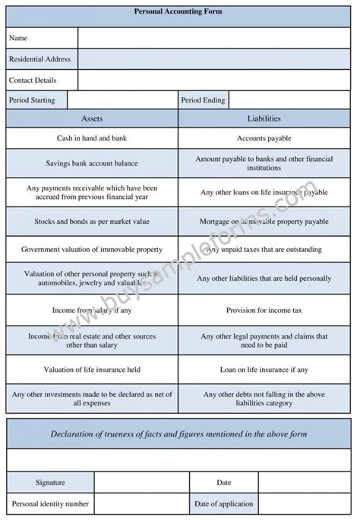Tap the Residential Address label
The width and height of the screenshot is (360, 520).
pos(39,58)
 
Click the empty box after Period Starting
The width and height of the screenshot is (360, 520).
pos(122,100)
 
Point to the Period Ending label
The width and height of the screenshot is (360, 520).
pos(203,100)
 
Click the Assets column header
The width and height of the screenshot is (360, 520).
pos(92,119)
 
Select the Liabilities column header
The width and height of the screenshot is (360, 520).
pos(264,119)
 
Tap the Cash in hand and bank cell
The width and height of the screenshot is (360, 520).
pos(92,138)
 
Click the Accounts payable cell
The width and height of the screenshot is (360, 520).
pos(264,138)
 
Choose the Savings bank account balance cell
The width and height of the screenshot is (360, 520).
pos(92,163)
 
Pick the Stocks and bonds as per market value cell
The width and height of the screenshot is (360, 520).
pos(92,221)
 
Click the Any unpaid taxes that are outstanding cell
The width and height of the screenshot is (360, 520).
pos(264,249)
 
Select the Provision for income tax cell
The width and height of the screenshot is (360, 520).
pos(264,310)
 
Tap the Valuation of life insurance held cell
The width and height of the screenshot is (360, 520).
pos(92,370)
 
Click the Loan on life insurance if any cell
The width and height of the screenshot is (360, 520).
pos(264,370)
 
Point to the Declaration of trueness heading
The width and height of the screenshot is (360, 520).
pos(179,433)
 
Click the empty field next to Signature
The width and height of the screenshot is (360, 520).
pos(141,482)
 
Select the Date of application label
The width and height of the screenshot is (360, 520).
pos(224,503)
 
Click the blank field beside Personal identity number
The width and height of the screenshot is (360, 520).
pos(141,503)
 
